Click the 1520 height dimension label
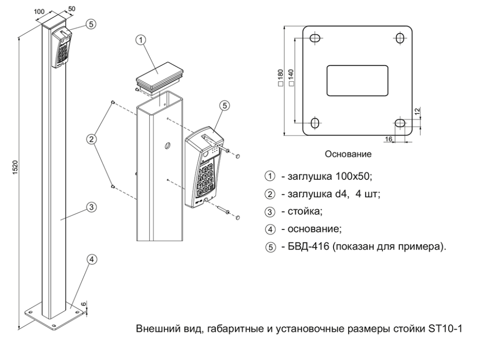[15, 170]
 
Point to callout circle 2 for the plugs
[92, 139]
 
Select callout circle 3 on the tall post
[92, 207]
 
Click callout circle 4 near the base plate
[92, 259]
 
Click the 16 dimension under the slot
[389, 137]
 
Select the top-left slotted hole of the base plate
[315, 38]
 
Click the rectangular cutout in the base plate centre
[357, 80]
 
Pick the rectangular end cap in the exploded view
[158, 75]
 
